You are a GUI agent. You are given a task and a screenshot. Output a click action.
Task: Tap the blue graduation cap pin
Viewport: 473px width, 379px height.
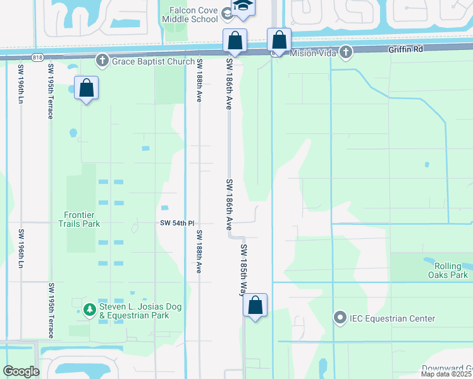[x=241, y=8]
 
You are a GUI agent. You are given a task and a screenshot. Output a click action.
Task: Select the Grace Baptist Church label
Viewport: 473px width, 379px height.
[x=154, y=61]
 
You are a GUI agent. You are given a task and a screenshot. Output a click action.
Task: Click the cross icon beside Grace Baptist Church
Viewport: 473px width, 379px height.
[x=102, y=61]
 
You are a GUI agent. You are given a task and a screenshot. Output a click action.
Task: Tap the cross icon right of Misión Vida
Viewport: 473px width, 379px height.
[x=345, y=52]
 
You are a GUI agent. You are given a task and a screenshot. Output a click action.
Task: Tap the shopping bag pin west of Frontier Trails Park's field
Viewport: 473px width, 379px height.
[x=87, y=88]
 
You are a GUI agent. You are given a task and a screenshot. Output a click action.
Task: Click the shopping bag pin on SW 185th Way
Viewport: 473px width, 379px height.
[x=255, y=306]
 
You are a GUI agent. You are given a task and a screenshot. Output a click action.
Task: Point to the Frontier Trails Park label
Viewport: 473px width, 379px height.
[x=79, y=219]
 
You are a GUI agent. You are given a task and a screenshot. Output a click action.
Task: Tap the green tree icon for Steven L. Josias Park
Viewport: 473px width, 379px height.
[x=89, y=309]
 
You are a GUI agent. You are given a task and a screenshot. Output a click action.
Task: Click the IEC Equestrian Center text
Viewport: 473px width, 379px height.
[x=393, y=318]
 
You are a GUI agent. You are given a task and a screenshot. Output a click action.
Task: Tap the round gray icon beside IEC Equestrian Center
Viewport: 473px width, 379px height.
[x=341, y=318]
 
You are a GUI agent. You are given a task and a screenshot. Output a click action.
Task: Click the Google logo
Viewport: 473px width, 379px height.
[x=21, y=371]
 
